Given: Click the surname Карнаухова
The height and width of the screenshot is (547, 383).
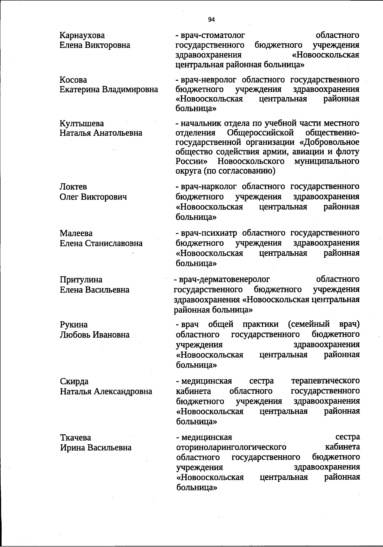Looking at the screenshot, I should (82, 35).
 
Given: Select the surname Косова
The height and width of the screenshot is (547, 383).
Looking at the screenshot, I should (73, 80).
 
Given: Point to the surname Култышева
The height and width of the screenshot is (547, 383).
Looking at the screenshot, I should (82, 124).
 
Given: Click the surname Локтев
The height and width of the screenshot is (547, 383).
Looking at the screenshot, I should (73, 187).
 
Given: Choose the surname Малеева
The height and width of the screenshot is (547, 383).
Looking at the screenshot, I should (76, 233).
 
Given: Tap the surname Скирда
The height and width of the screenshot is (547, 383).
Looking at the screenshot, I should (74, 382).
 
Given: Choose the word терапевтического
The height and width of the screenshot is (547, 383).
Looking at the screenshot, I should (326, 381).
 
